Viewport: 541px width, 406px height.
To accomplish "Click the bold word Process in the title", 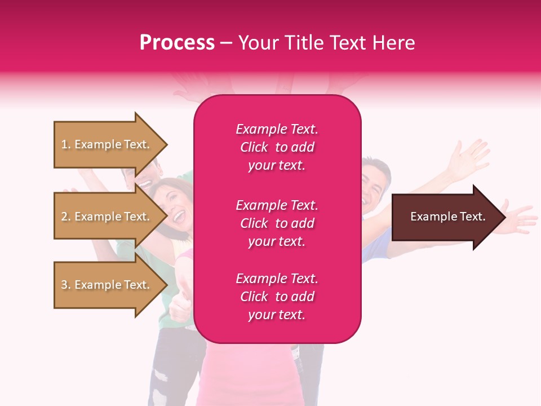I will click(177, 43).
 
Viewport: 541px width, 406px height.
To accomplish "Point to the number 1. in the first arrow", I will click(66, 145).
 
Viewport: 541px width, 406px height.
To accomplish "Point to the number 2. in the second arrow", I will click(66, 217).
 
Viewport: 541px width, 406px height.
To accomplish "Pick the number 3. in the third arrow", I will click(66, 285).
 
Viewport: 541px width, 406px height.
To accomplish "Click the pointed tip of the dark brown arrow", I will click(503, 217).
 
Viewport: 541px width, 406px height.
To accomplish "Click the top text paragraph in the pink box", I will click(277, 147).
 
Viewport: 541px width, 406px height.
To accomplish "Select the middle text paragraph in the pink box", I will click(277, 223).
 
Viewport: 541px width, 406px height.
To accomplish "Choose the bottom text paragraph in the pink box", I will click(277, 297).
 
